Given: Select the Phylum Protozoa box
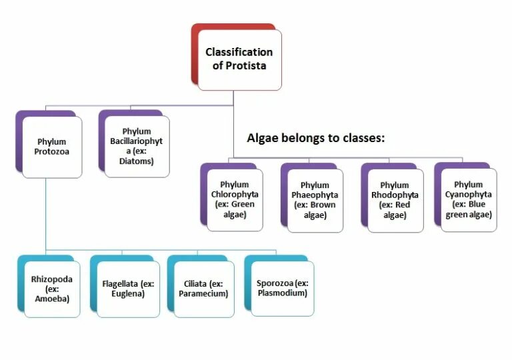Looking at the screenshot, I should click(x=52, y=147).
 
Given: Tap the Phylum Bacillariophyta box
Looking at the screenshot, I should click(x=137, y=146).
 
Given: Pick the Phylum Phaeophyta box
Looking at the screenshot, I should click(x=315, y=200).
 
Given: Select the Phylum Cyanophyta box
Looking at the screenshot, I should click(x=468, y=199).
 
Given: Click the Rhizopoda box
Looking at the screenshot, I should click(x=52, y=289).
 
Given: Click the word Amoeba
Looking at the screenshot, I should click(x=52, y=299).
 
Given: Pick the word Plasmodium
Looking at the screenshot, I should click(x=283, y=294).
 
